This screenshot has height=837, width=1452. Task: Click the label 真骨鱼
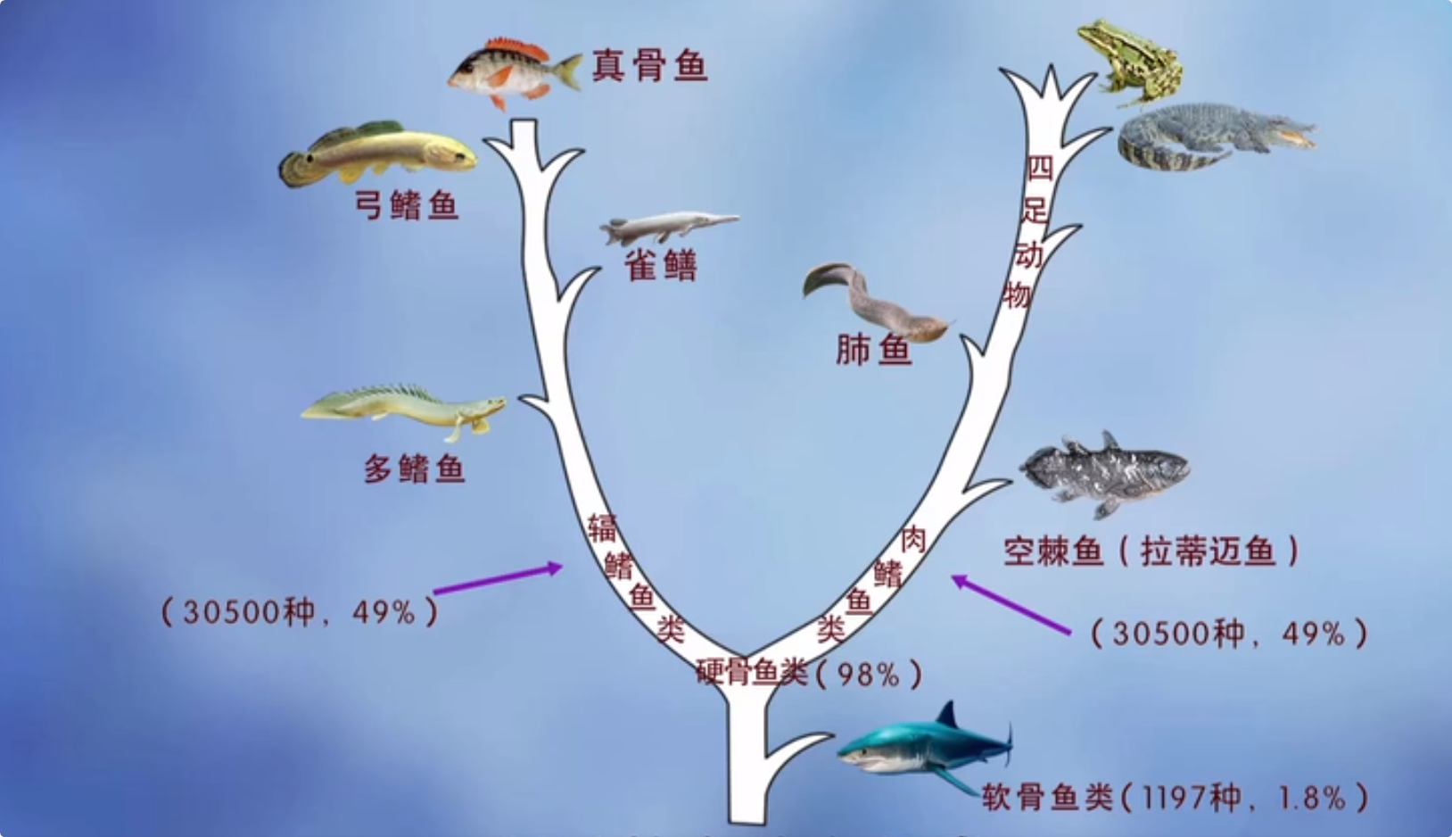tap(649, 65)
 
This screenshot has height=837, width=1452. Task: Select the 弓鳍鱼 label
tap(407, 205)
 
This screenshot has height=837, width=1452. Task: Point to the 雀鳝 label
tap(660, 265)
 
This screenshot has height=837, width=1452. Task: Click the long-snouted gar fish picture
tap(668, 227)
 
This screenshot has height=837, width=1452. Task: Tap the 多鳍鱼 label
tap(415, 468)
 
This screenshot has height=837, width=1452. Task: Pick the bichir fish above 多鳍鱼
tap(406, 407)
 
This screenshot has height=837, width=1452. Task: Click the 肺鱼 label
tap(873, 350)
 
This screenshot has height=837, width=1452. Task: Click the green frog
tap(1131, 60)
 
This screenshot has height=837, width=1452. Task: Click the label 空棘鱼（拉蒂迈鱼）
tap(1151, 551)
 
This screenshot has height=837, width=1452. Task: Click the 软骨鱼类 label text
tap(1049, 797)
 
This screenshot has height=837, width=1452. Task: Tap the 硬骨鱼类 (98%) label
tap(808, 673)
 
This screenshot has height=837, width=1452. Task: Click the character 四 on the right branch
tap(1039, 168)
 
